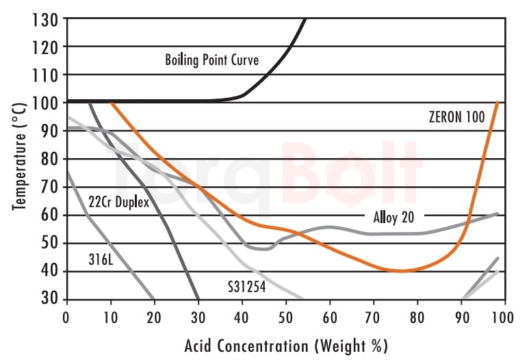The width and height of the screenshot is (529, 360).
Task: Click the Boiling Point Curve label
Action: coord(211,60)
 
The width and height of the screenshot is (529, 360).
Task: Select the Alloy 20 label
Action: coord(393,218)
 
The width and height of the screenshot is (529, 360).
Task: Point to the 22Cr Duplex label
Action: coord(118,203)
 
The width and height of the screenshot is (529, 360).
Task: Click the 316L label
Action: coord(100,260)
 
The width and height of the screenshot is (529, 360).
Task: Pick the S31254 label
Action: coord(246,287)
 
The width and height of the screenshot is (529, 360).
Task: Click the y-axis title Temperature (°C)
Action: coord(21,158)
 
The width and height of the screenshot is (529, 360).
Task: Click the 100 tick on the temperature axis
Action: coord(45,103)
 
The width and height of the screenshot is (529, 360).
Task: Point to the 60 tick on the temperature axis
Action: coord(49,215)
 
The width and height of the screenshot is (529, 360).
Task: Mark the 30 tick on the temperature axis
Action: coord(49,299)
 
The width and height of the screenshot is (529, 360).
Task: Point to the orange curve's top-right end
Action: coord(498,103)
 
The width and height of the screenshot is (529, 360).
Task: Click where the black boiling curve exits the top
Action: coord(305,19)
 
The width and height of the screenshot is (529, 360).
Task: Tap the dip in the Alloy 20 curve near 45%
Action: coord(266,249)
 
